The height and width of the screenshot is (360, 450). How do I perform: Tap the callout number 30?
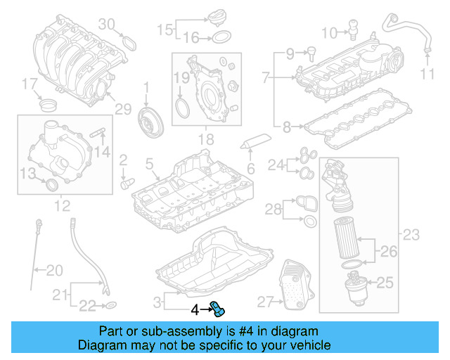pyautogui.click(x=105, y=23)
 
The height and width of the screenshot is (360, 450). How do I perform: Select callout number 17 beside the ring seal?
pyautogui.click(x=28, y=84)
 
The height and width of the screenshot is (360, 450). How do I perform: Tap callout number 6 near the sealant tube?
pyautogui.click(x=250, y=168)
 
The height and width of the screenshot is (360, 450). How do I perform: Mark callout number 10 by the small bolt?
pyautogui.click(x=329, y=32)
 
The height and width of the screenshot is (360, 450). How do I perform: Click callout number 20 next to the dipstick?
pyautogui.click(x=53, y=269)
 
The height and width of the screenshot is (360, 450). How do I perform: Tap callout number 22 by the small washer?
pyautogui.click(x=86, y=304)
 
